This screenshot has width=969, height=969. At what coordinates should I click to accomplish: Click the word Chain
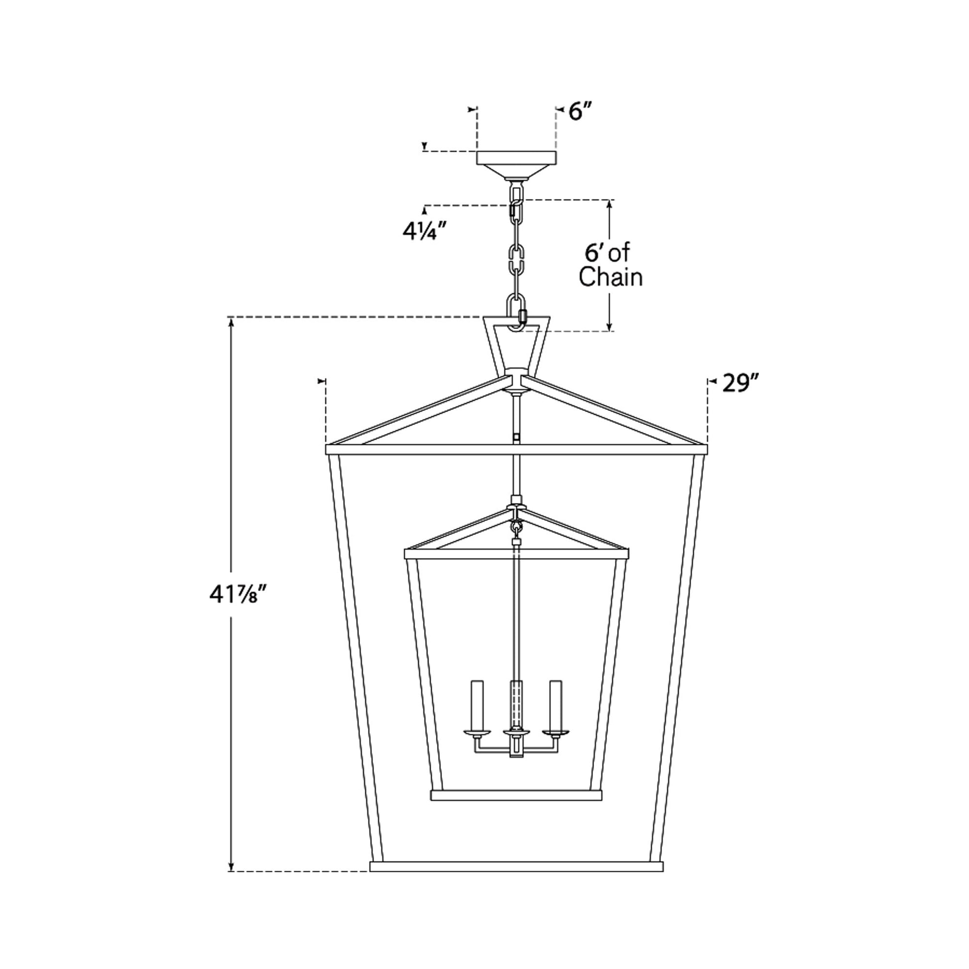click(610, 277)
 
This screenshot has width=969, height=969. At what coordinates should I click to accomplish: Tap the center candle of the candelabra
click(516, 702)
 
